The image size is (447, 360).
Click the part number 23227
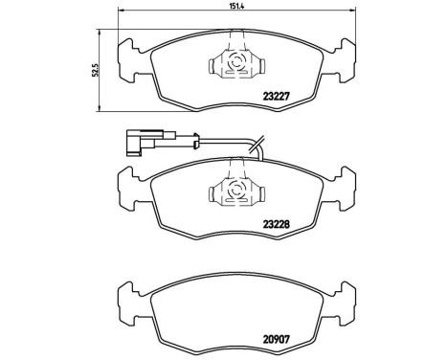276,95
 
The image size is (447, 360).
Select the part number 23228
276,225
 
